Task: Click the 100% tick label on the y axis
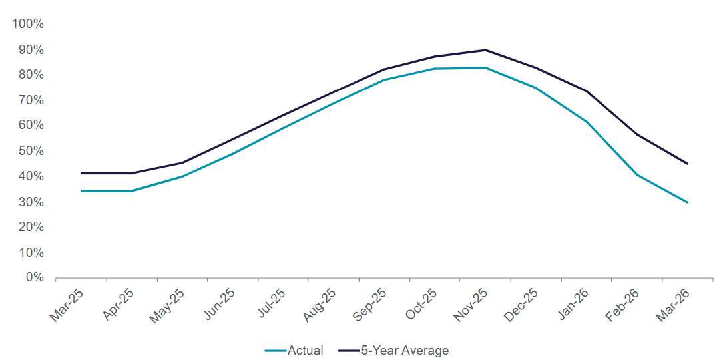pos(28,24)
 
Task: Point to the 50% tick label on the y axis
pos(31,151)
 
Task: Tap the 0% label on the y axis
pos(34,277)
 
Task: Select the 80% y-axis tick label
pos(31,75)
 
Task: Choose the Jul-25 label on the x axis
pos(269,305)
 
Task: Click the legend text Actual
pos(305,350)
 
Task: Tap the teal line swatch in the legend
pos(275,350)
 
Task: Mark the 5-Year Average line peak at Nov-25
pos(485,50)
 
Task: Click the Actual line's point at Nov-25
pos(485,68)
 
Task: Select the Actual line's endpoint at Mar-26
pos(687,202)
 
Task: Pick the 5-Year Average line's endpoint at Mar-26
pos(687,164)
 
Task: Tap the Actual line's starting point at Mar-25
pos(81,191)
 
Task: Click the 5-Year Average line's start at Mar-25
pos(81,173)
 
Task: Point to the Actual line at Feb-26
pos(637,175)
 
